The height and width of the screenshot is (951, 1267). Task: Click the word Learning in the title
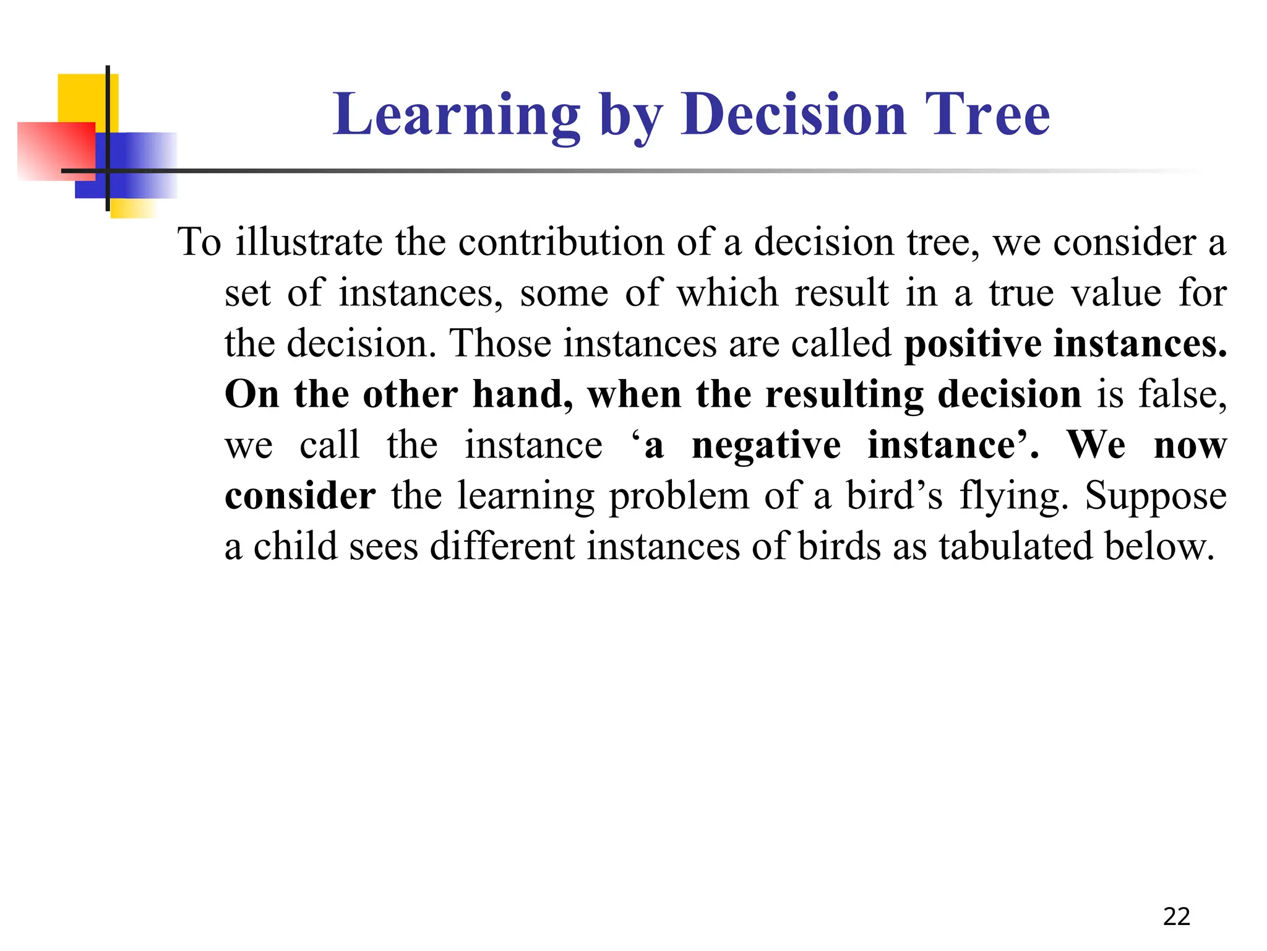(457, 115)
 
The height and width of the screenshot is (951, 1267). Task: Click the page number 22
(1176, 916)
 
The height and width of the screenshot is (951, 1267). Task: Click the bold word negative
(766, 446)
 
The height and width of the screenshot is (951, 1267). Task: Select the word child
(296, 547)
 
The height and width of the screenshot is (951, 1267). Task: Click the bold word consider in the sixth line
(300, 497)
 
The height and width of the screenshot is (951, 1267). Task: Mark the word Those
(500, 344)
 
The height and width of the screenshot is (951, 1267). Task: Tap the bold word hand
(522, 395)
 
